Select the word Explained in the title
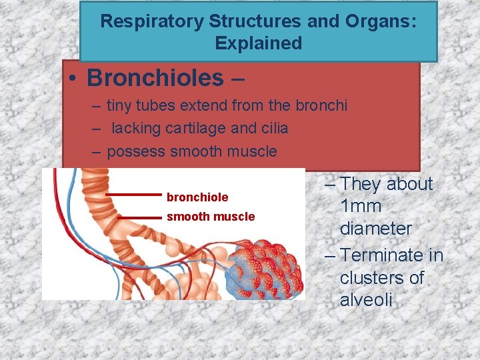click(x=259, y=44)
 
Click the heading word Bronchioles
click(x=155, y=78)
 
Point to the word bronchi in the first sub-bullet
click(x=322, y=105)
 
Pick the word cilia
click(x=273, y=128)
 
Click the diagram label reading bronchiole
click(x=197, y=197)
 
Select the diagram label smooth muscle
click(x=211, y=217)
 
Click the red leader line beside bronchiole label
click(x=134, y=195)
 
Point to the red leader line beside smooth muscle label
click(x=140, y=217)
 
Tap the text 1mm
click(x=361, y=206)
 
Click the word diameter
click(x=376, y=229)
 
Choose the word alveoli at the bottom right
click(x=366, y=300)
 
